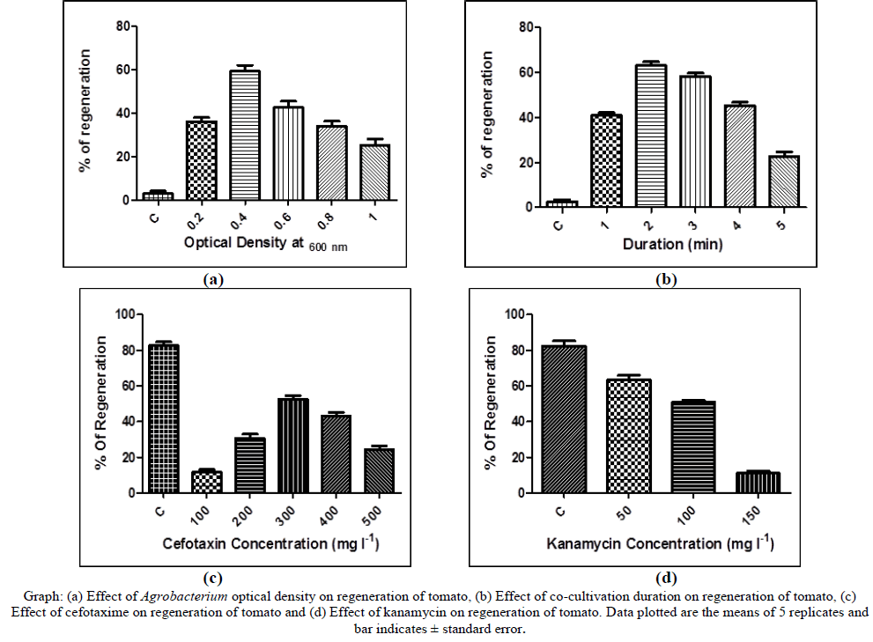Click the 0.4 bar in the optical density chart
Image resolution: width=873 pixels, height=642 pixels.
245,136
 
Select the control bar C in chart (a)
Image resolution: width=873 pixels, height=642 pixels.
159,196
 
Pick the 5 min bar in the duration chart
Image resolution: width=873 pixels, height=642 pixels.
783,182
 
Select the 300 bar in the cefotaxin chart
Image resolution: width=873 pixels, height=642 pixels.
292,446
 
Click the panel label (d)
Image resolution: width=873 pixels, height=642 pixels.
666,578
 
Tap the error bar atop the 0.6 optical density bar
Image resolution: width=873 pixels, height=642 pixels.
288,103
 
